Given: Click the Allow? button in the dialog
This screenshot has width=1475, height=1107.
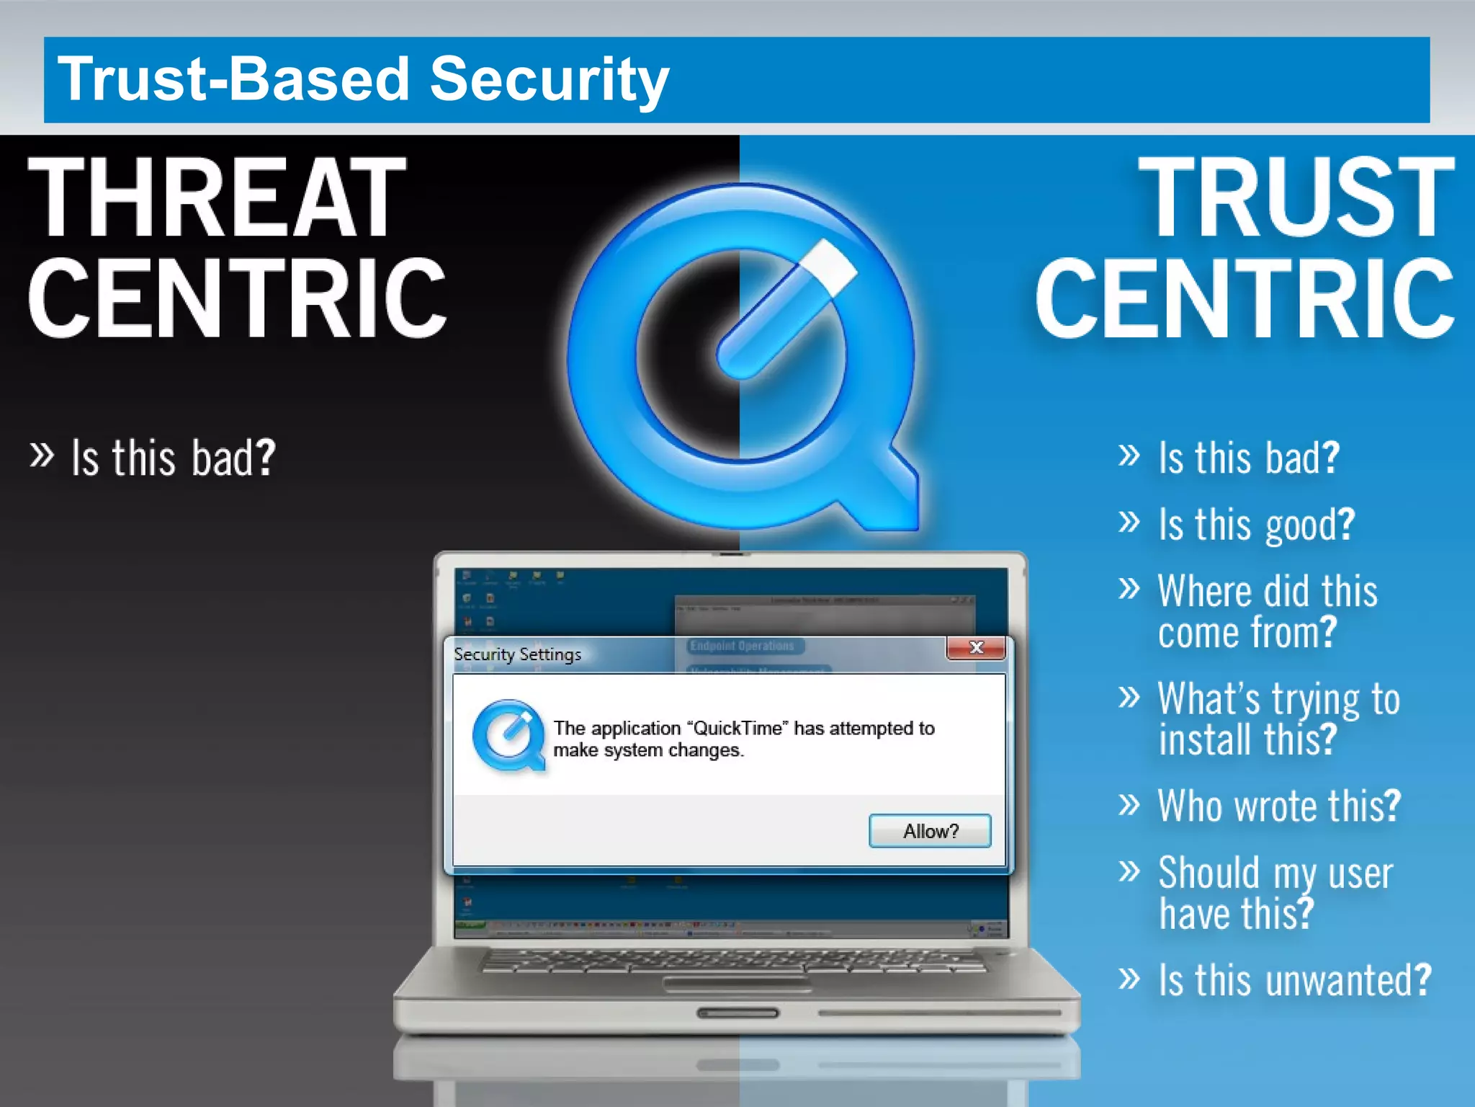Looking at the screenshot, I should (x=930, y=831).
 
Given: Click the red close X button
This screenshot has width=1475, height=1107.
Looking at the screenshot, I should (x=976, y=647).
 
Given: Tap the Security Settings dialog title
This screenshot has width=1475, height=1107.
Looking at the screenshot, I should (x=517, y=654).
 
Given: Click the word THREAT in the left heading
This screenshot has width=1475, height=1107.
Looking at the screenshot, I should (x=216, y=197).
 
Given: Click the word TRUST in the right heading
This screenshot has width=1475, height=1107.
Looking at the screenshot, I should (x=1296, y=197).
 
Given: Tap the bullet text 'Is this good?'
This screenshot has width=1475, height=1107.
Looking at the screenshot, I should (x=1256, y=524).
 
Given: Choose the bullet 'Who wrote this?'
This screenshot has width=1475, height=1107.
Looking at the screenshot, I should (x=1279, y=805).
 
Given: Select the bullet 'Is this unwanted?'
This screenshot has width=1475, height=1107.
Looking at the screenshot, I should (x=1294, y=980).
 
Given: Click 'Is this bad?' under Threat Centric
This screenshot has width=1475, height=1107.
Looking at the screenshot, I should (x=173, y=458).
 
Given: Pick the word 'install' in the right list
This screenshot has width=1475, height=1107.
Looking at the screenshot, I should (x=1204, y=739).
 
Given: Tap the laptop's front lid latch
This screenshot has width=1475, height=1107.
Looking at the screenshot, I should (x=737, y=1013).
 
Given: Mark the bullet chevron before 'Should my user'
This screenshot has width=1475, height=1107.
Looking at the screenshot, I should (x=1129, y=871).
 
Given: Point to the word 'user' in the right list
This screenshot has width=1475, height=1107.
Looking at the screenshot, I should (x=1360, y=873).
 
